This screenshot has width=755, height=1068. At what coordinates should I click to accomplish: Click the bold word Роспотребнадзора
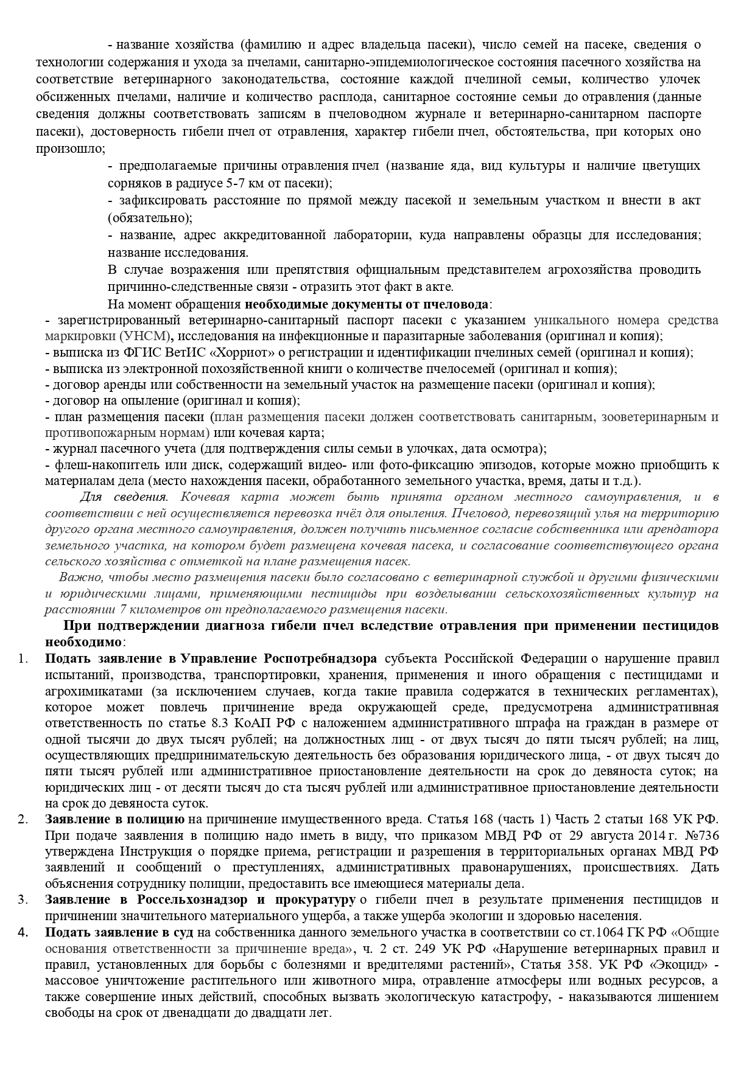(x=320, y=659)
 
